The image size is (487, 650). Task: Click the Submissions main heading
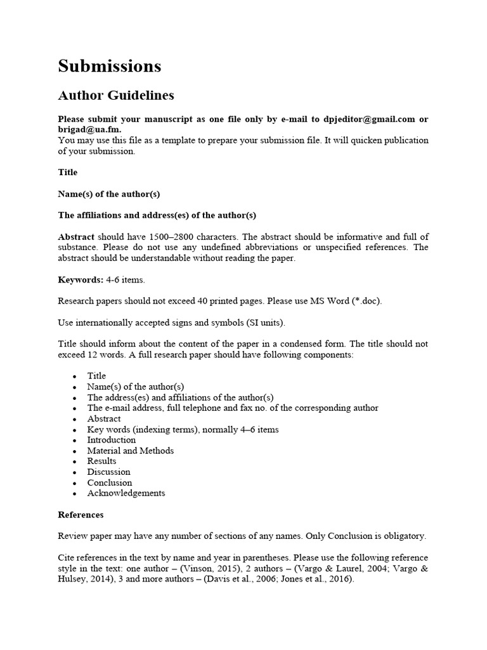[x=109, y=66]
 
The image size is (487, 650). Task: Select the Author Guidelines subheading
[x=115, y=96]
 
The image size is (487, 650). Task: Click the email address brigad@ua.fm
[x=88, y=129]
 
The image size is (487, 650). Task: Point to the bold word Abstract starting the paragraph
[x=76, y=237]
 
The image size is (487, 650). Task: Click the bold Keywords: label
[x=81, y=279]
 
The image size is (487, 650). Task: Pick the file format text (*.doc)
[x=365, y=301]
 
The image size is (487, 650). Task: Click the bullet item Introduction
[x=112, y=440]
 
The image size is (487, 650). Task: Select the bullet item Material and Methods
[x=130, y=451]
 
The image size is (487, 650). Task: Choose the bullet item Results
[x=101, y=461]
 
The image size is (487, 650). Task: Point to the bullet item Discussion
[x=108, y=472]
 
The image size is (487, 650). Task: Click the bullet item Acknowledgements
[x=126, y=493]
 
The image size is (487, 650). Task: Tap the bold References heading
[x=81, y=515]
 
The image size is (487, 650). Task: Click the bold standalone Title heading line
[x=68, y=172]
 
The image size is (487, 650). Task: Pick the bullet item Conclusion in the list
[x=110, y=482]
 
